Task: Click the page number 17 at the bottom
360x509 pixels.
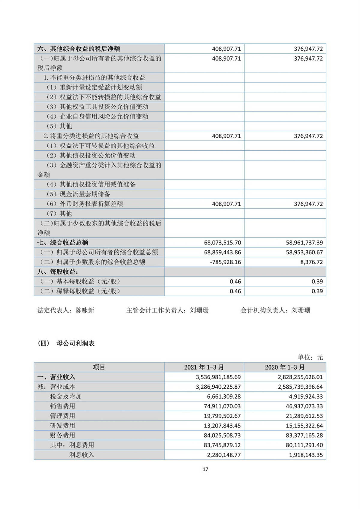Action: (205, 469)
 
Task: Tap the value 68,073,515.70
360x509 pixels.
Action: (222, 242)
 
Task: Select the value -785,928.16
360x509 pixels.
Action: (225, 262)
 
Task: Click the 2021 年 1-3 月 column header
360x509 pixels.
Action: (204, 367)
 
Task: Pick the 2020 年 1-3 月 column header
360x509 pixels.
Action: (285, 367)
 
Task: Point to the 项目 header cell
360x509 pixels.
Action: (99, 367)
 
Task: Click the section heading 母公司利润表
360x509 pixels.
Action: (75, 343)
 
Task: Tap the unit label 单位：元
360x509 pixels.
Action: (310, 357)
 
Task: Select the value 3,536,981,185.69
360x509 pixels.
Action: (218, 377)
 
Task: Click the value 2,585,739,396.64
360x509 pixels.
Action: (300, 387)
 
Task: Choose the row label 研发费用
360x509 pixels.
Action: (62, 425)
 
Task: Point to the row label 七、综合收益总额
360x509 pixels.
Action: (63, 242)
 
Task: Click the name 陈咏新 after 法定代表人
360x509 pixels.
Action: (85, 310)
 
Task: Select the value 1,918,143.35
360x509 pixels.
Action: (306, 455)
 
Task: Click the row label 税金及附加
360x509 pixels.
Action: (66, 396)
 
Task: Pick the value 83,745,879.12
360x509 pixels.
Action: (222, 445)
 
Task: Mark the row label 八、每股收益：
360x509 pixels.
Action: (58, 272)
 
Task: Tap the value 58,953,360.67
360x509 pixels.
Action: (304, 252)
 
